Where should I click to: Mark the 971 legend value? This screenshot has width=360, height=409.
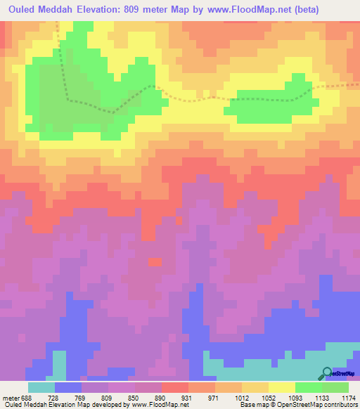point(225,398)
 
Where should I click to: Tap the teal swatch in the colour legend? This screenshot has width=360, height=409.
point(41,387)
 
